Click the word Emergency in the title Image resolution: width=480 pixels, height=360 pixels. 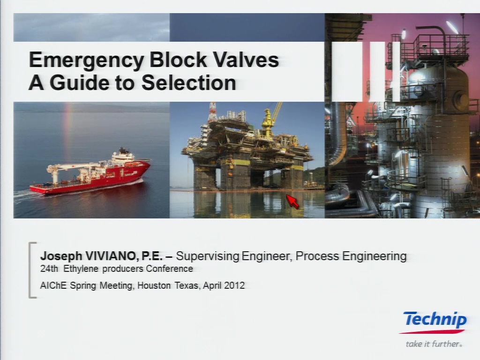point(86,60)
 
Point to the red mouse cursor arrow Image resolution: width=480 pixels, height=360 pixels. point(292,202)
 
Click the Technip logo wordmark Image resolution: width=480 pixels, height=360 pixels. point(435,320)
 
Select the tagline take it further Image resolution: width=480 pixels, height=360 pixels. point(434,344)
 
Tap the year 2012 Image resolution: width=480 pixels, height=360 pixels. point(234,285)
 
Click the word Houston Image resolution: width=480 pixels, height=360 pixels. point(154,285)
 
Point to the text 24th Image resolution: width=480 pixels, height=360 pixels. point(49,269)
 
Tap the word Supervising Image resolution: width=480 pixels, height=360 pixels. point(208,256)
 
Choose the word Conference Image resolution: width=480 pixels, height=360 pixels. point(169,269)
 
